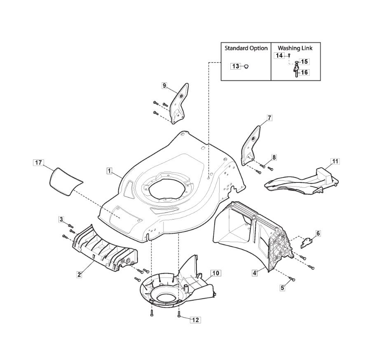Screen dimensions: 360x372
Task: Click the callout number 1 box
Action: pos(109,170)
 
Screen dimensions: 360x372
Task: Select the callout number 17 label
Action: pos(38,163)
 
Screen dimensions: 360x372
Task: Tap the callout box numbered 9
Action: pos(164,86)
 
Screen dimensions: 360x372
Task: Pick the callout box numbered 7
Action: pos(269,118)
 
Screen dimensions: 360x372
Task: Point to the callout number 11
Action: pos(335,161)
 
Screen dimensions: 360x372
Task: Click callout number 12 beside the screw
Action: pos(195,320)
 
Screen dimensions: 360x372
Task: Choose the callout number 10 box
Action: pos(215,273)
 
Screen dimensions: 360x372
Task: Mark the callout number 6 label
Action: pos(318,233)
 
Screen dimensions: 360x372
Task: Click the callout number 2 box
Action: pos(79,274)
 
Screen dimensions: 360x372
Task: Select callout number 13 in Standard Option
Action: pos(235,66)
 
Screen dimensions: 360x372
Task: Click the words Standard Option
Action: pos(246,48)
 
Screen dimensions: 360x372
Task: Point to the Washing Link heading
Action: pos(295,48)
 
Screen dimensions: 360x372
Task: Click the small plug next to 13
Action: pos(246,66)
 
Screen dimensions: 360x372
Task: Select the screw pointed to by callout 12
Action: pos(179,315)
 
